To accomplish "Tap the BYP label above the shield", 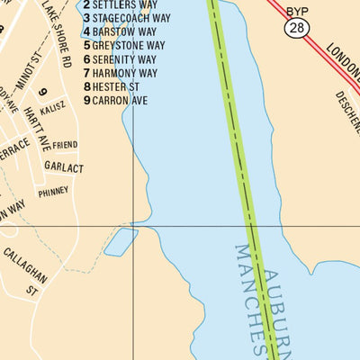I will [296, 11].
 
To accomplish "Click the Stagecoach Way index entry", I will [125, 18].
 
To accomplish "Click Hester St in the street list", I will [112, 85].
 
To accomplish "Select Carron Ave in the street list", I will [115, 100].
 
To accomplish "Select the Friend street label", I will [65, 145].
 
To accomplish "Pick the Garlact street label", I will [63, 167].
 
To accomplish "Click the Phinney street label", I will [53, 192].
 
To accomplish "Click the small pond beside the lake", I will [121, 241].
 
